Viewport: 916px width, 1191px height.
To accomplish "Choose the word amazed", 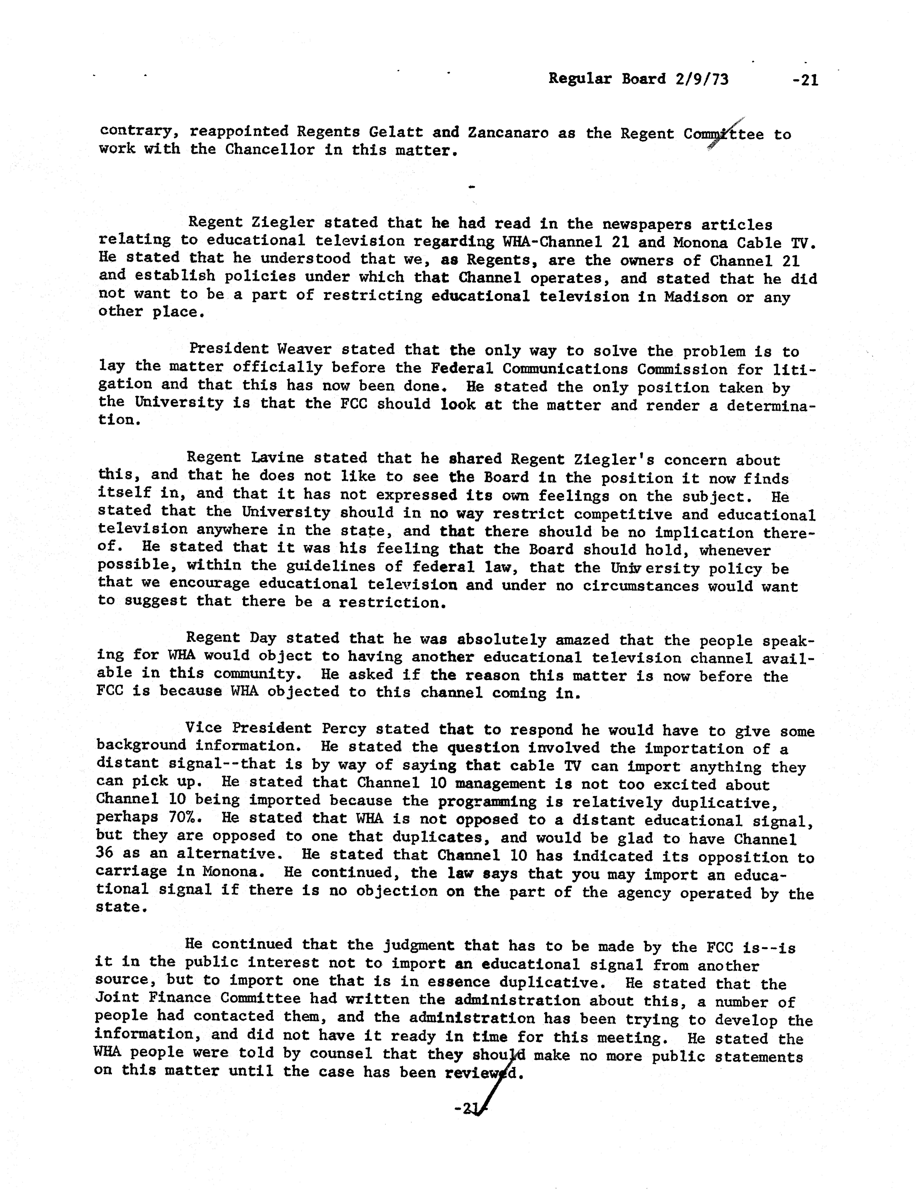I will (588, 640).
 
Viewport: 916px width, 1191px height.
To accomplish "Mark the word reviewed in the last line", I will (481, 1073).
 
